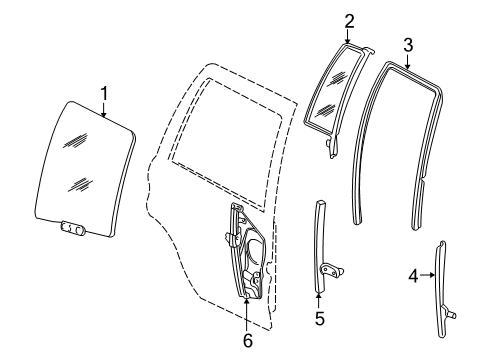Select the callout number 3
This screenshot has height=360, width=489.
pyautogui.click(x=408, y=43)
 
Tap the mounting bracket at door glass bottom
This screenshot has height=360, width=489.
pyautogui.click(x=70, y=229)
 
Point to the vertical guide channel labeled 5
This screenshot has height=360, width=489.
pyautogui.click(x=319, y=250)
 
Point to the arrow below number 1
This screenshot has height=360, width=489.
pyautogui.click(x=103, y=111)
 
